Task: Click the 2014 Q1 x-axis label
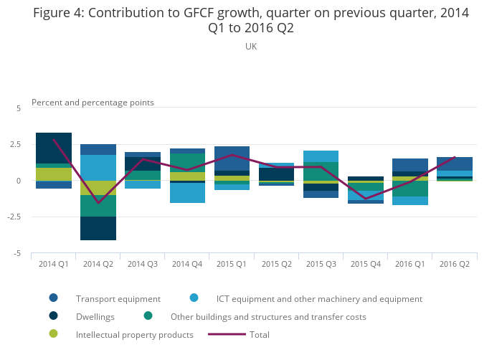coord(54,264)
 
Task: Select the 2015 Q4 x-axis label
coord(365,264)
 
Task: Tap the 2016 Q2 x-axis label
coord(454,264)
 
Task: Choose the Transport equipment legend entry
coord(118,298)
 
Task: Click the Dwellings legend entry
coord(95,316)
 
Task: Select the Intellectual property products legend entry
coord(134,334)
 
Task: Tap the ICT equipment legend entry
coord(318,298)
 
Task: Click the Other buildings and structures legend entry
coord(267,316)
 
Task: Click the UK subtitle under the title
coord(250,46)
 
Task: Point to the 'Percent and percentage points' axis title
coord(93,103)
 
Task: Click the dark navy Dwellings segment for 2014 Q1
coord(54,148)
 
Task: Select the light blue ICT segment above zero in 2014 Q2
coord(98,167)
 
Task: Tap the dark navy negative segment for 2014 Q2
coord(98,228)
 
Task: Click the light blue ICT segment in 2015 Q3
coord(321,156)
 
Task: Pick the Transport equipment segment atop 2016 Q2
coord(454,164)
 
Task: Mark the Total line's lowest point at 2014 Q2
coord(98,203)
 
